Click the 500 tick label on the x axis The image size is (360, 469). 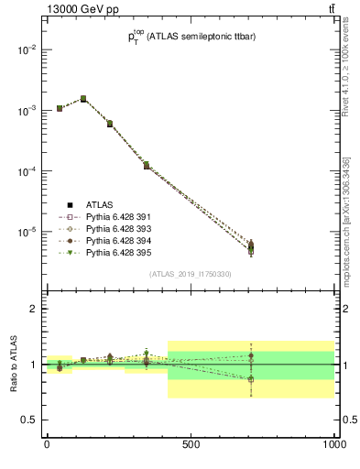191,444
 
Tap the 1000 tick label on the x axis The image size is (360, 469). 333,444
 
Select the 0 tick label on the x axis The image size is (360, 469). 47,444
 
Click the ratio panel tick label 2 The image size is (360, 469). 34,309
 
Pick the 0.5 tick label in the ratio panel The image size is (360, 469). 29,420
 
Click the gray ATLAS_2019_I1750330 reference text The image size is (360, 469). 191,274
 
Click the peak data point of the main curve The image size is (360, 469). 83,98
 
